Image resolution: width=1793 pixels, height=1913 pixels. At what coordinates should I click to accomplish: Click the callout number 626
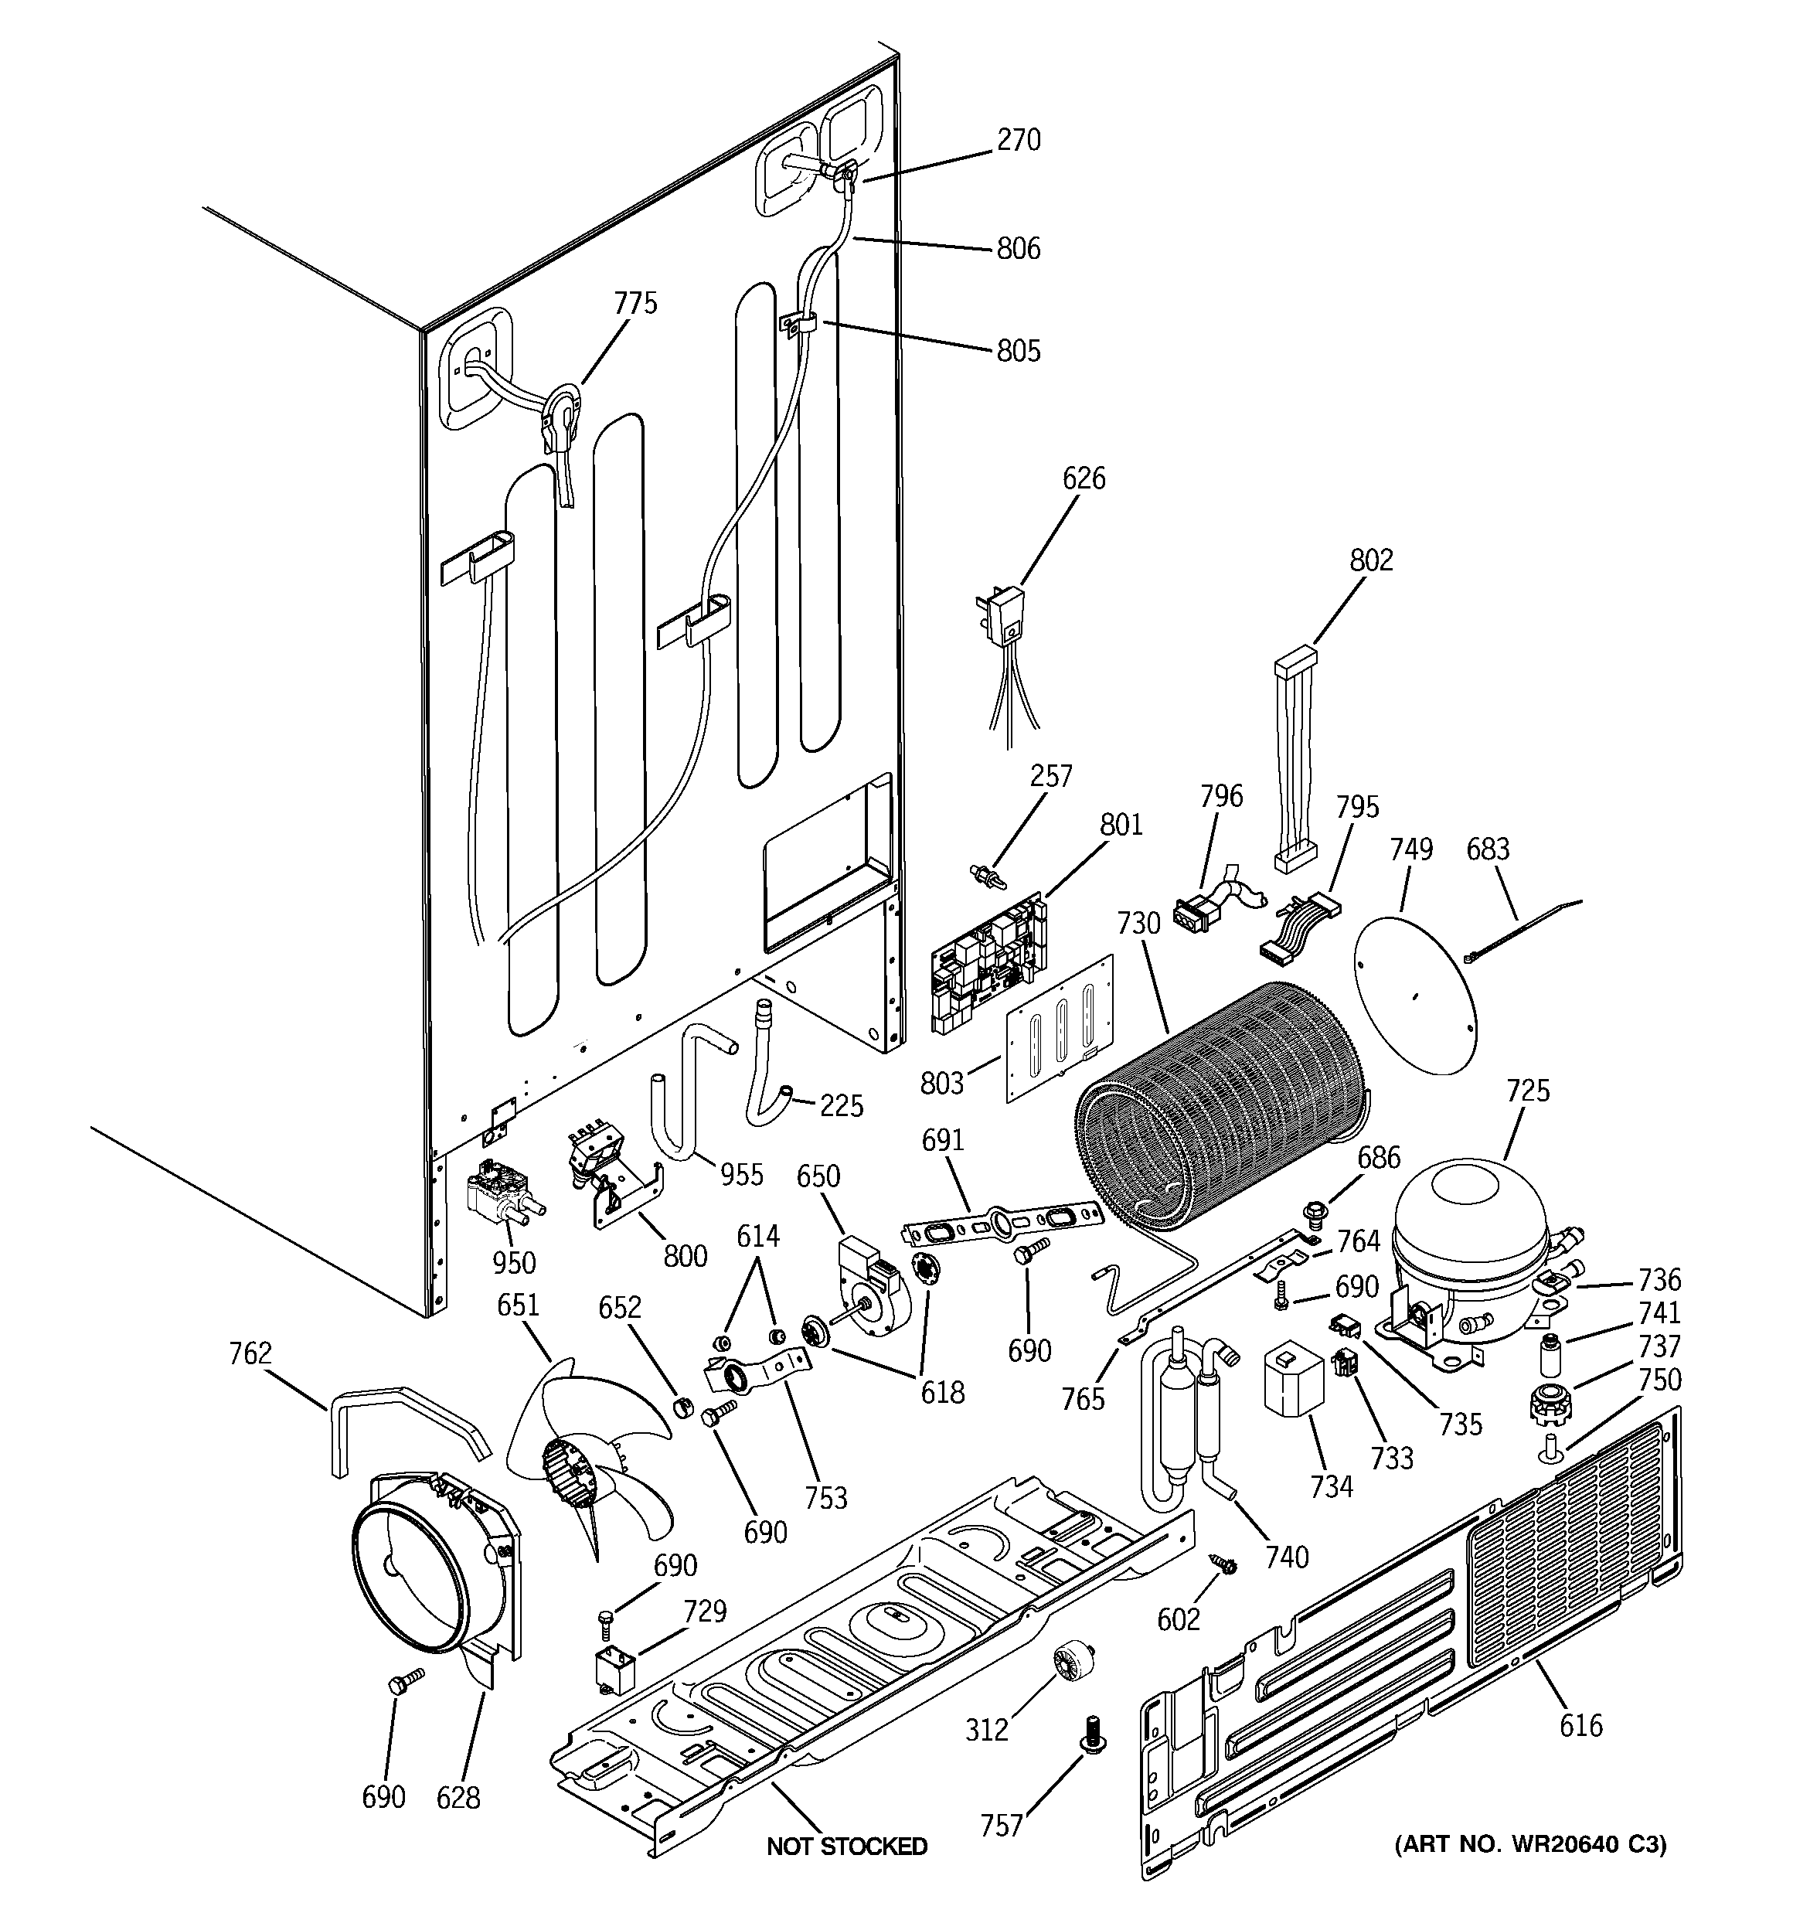coord(1084,478)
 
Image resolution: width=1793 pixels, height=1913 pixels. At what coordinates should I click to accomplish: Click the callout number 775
coord(635,303)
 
